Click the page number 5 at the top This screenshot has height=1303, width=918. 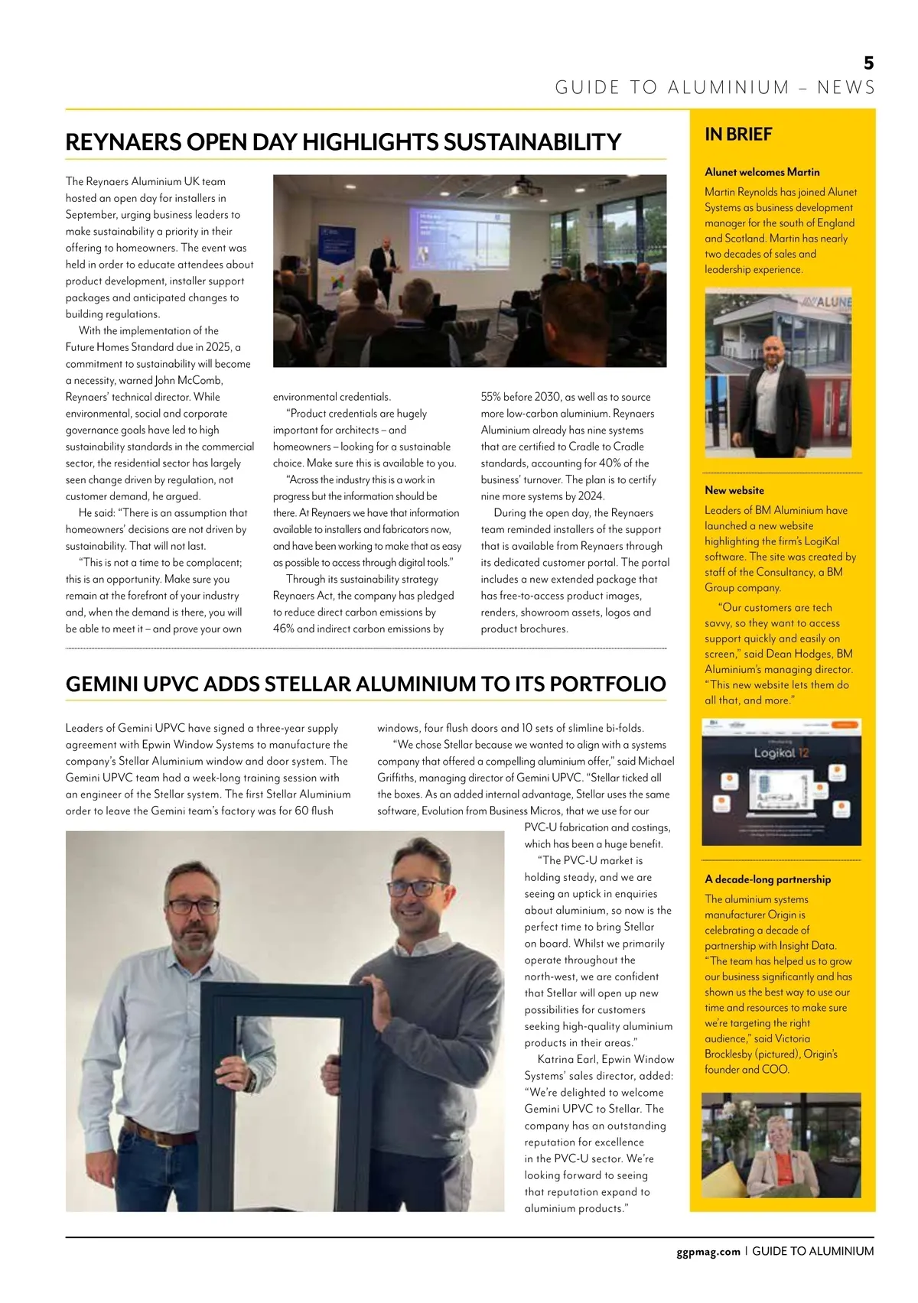pos(868,63)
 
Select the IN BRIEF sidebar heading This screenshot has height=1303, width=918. pos(738,135)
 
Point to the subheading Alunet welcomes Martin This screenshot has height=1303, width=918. pos(762,172)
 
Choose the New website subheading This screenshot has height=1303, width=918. pos(734,490)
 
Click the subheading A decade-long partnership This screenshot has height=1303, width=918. pos(767,879)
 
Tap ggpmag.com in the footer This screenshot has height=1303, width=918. pos(708,1251)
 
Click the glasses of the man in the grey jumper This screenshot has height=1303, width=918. pos(417,889)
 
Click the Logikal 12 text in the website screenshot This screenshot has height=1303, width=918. pos(780,753)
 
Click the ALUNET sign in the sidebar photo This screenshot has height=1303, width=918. pos(830,303)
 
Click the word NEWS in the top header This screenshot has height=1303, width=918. pos(845,87)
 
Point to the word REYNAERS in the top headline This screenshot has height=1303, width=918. pos(123,142)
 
